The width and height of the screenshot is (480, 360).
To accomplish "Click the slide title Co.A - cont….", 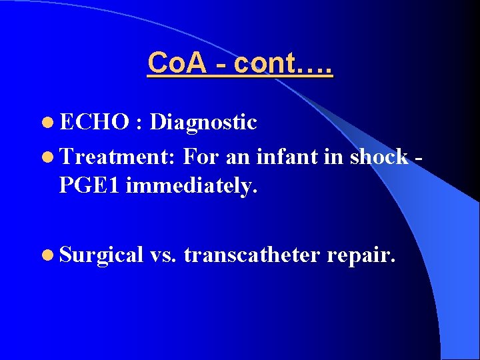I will click(x=240, y=63).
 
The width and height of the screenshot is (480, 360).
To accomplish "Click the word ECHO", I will click(x=94, y=122).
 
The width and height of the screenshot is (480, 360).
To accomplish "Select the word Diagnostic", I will click(x=203, y=123).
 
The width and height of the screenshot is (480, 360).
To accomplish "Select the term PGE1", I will click(x=89, y=186).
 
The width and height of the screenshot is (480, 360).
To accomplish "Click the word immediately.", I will click(x=191, y=187).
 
